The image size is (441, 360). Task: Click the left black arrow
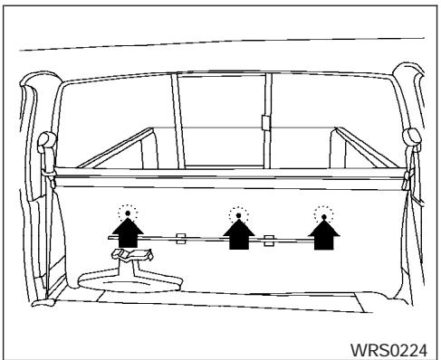pos(128,232)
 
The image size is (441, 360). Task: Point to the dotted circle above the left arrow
pos(128,214)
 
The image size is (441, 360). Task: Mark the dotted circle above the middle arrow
pos(238,214)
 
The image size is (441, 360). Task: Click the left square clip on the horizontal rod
pos(181,239)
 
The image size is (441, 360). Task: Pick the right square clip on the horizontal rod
pos(269,240)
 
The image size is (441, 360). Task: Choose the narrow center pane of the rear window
pos(222,118)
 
